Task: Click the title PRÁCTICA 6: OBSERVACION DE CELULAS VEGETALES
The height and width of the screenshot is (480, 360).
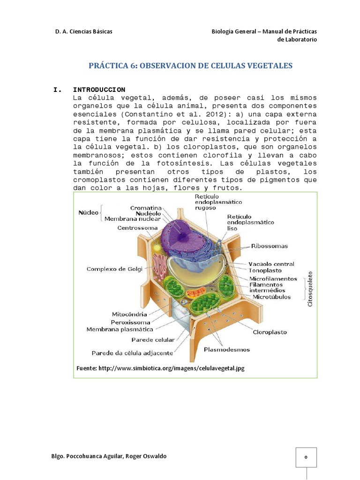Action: tap(190, 66)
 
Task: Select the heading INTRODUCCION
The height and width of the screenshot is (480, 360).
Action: tap(99, 89)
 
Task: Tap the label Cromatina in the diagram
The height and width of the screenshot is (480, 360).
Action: tap(146, 207)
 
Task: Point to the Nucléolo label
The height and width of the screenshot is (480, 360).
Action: tap(148, 213)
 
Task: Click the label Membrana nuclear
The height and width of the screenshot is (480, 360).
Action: tap(132, 218)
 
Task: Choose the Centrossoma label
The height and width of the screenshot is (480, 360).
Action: tap(137, 228)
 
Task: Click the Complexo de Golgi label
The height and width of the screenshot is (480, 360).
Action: tap(114, 269)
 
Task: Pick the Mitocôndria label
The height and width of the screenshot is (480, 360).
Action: tap(129, 314)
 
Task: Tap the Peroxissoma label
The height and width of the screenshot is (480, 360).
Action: tap(130, 322)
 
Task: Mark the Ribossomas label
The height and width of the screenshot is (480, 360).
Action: tap(270, 246)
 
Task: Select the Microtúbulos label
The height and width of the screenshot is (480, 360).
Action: tap(271, 297)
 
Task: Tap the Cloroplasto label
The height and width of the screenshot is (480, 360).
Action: tap(270, 332)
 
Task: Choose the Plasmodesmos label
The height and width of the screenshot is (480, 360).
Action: tap(227, 349)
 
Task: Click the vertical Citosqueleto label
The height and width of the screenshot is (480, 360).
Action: tap(310, 289)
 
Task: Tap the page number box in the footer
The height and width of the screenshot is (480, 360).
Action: tap(306, 457)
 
